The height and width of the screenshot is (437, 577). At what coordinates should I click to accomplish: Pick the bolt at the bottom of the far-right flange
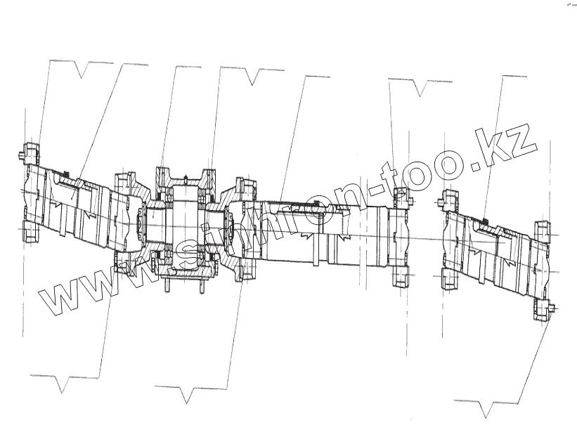coord(545,309)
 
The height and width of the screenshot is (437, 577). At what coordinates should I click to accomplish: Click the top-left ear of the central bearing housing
coord(162,173)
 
